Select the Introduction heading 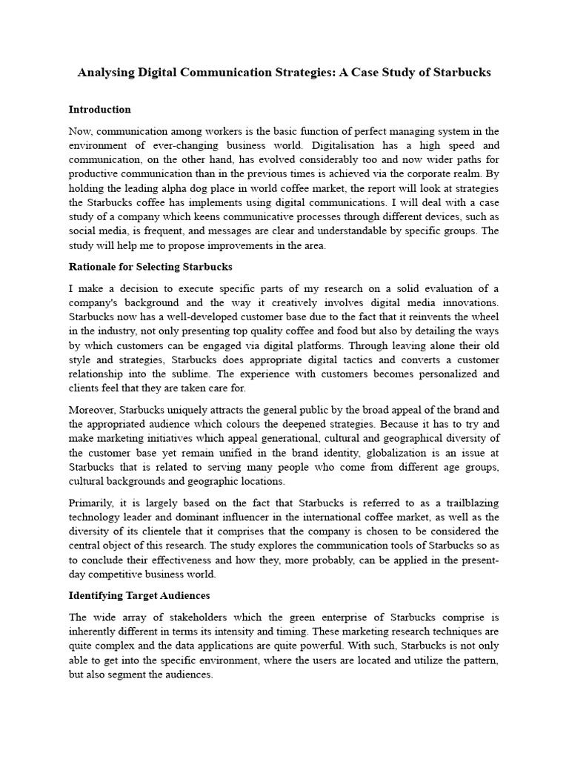click(99, 110)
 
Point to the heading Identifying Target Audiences click(139, 595)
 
